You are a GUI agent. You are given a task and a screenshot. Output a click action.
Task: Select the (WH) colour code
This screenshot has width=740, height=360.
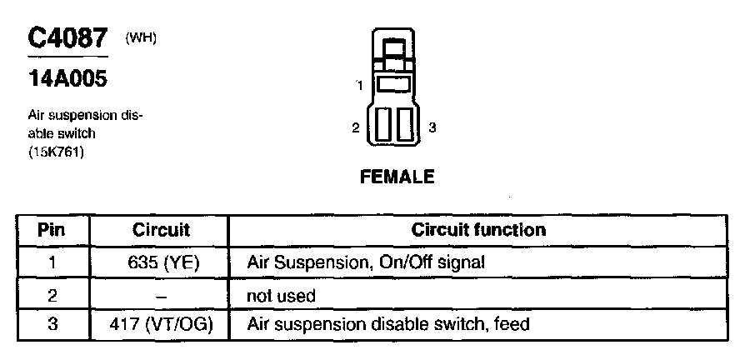141,38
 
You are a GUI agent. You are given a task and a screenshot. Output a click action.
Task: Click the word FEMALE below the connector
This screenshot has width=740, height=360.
397,177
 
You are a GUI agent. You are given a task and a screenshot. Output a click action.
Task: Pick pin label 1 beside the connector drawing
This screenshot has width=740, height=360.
359,86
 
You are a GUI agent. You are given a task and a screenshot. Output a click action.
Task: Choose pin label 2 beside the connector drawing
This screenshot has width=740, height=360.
356,127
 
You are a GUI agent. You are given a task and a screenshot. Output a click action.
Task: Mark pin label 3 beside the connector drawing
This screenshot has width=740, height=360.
432,127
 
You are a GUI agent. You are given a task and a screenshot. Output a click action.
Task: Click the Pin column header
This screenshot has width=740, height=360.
52,229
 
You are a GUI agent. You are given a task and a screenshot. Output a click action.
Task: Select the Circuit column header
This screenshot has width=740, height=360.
161,229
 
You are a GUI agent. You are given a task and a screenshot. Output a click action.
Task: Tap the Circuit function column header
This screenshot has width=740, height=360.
479,229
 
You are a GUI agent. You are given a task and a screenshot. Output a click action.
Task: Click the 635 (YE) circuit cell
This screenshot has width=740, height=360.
161,262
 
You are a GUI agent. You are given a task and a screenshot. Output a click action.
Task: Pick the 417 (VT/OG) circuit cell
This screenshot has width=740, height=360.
161,323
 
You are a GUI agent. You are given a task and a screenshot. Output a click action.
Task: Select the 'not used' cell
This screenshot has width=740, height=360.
282,295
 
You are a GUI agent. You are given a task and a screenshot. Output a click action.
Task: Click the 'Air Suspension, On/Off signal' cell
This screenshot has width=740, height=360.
366,262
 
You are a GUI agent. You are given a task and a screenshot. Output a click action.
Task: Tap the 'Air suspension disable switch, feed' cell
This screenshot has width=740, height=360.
388,323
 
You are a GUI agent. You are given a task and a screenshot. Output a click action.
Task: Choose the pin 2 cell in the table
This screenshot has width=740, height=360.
52,293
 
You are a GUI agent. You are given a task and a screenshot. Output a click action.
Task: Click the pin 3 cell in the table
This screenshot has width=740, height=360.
52,323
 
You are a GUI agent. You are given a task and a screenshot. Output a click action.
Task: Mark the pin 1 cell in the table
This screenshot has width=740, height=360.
52,262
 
